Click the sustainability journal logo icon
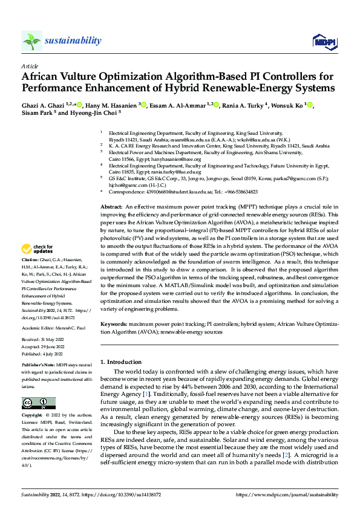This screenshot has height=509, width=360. coord(31,41)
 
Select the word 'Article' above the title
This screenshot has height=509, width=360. coord(29,66)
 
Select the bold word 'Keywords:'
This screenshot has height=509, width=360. coord(114,324)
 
